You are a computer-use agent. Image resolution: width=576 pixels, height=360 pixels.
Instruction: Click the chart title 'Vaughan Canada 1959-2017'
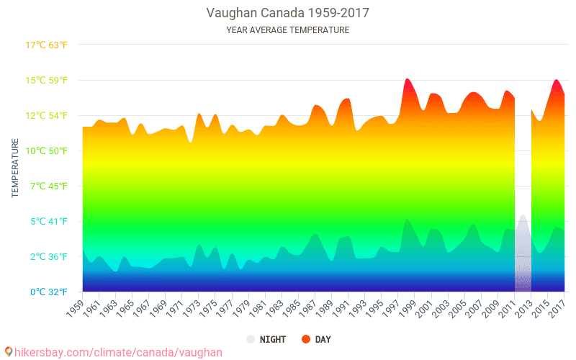click(x=288, y=13)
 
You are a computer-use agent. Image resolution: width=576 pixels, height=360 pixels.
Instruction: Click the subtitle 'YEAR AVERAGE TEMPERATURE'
click(x=288, y=30)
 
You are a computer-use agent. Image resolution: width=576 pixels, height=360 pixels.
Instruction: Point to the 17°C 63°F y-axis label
click(x=47, y=45)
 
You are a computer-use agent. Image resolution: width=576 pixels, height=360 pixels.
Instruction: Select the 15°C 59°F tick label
click(x=47, y=80)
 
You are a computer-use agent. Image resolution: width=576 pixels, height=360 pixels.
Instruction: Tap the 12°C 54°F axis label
click(x=47, y=115)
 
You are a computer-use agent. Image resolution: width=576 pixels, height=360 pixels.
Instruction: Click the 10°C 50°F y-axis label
click(x=47, y=150)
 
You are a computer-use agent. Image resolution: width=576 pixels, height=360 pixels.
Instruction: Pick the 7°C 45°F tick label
click(x=47, y=186)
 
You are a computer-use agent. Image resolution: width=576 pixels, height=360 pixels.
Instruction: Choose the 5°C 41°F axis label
click(x=47, y=221)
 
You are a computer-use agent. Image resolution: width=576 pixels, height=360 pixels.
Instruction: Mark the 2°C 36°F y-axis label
click(x=47, y=256)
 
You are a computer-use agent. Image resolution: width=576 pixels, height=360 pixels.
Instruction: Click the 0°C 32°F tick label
click(x=47, y=292)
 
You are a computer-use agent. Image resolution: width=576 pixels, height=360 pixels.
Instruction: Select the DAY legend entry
click(x=315, y=339)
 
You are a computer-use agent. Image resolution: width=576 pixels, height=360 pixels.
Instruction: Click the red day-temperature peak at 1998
click(x=407, y=79)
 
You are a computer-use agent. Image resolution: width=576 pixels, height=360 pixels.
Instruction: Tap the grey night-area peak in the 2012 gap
click(x=523, y=216)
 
